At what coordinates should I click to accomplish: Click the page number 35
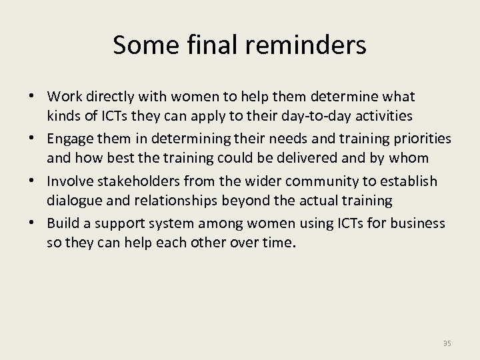pos(447,343)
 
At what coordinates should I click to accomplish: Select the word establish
pos(414,181)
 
